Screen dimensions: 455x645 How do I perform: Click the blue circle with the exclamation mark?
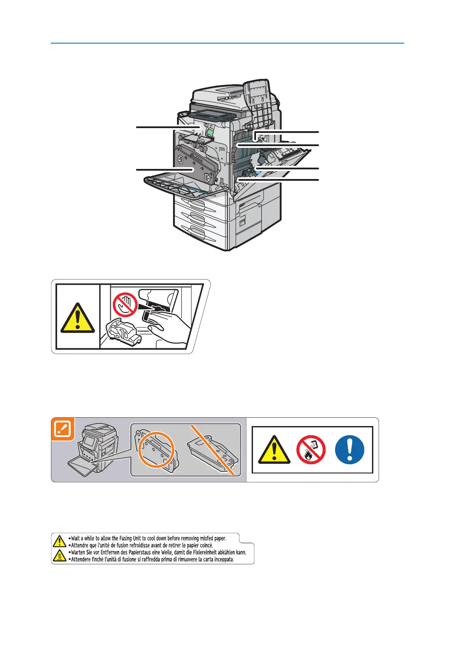click(350, 450)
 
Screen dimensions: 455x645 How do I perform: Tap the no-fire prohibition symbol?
click(311, 450)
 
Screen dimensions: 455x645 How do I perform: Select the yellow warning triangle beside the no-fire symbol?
click(274, 451)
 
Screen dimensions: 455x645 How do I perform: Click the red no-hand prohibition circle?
click(125, 305)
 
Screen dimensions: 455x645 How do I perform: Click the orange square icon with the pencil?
click(63, 429)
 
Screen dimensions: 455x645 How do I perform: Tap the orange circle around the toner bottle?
click(156, 451)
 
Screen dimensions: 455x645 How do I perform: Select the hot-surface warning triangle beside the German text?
click(59, 556)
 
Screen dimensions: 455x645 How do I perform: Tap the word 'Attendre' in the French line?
click(79, 545)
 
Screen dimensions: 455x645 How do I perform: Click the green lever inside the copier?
click(210, 132)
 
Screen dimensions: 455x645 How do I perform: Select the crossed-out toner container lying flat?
click(213, 452)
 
